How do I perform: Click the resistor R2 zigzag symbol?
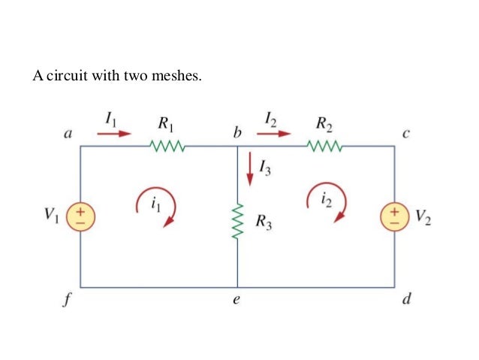(x=325, y=146)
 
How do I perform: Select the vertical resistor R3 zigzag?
(x=237, y=221)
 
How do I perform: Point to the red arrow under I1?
(x=113, y=135)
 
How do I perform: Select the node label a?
(x=68, y=135)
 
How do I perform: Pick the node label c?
(x=406, y=135)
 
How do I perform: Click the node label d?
(x=406, y=300)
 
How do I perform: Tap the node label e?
(x=237, y=301)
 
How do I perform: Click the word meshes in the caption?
(x=178, y=76)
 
